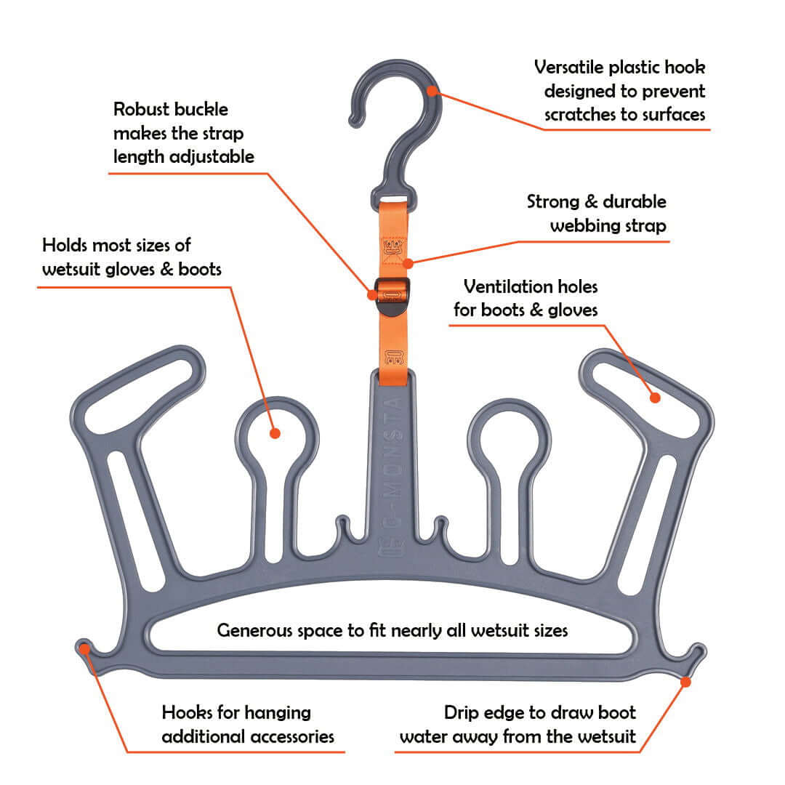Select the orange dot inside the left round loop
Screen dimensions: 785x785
(x=275, y=432)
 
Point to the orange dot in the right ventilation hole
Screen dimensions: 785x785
(x=655, y=398)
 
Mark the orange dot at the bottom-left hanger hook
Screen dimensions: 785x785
(x=86, y=648)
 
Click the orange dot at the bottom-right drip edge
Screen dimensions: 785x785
(x=686, y=680)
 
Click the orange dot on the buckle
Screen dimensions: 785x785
(x=373, y=295)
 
